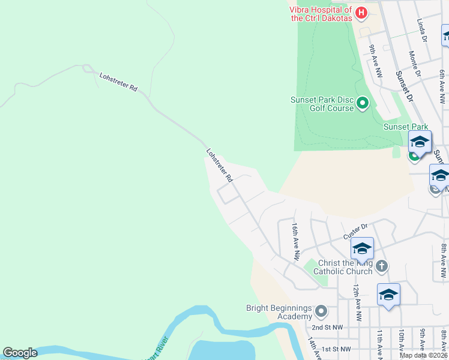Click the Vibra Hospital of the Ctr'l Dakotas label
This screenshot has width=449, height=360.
[321, 14]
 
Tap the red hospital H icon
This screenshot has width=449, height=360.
[361, 12]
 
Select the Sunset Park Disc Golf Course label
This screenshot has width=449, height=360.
[322, 104]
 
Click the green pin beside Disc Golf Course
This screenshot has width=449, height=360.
[362, 103]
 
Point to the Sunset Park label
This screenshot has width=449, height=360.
[406, 127]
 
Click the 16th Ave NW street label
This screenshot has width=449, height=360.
[295, 241]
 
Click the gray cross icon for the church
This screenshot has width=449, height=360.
[382, 266]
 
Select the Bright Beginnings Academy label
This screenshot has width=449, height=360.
[279, 312]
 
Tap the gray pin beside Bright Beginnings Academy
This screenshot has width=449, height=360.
[321, 311]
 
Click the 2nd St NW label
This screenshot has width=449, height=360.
[327, 328]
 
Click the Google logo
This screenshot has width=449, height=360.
[20, 352]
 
